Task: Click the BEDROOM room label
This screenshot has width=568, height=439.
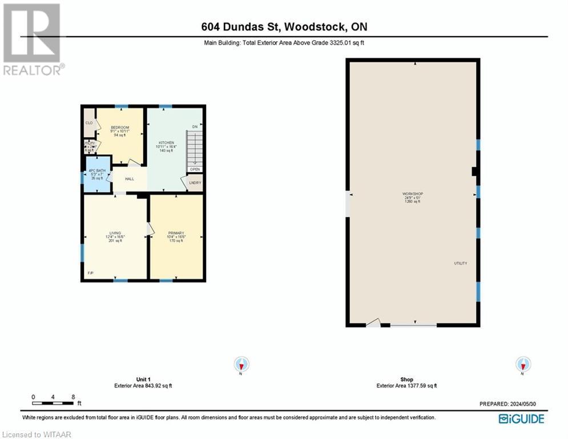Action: click(x=119, y=127)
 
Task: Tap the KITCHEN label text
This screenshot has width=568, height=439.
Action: click(x=166, y=143)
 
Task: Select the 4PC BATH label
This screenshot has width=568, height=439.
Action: click(x=96, y=170)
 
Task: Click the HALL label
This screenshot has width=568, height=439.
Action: click(x=129, y=179)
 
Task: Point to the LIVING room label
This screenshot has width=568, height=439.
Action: click(x=115, y=233)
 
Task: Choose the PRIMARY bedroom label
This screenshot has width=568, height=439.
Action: click(x=176, y=233)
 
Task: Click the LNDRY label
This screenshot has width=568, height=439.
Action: click(x=195, y=183)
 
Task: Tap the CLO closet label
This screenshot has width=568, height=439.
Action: click(x=89, y=123)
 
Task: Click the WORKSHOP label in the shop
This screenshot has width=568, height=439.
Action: click(x=412, y=194)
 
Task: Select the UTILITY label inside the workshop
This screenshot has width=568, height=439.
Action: click(x=460, y=263)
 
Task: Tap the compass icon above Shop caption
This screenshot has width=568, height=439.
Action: click(x=522, y=364)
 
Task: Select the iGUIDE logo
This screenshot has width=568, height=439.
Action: click(x=521, y=419)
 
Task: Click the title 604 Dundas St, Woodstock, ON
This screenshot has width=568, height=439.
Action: click(x=284, y=27)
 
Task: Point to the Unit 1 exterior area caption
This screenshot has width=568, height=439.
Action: click(x=143, y=382)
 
